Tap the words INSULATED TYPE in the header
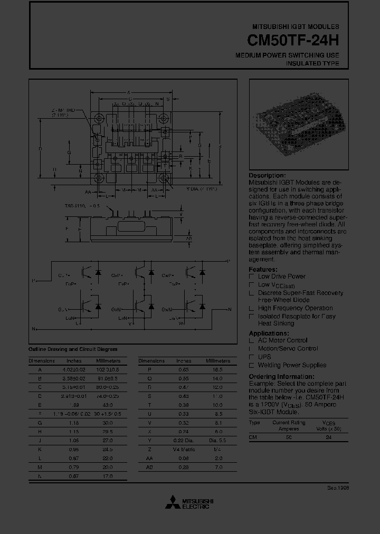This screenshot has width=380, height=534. [x=312, y=63]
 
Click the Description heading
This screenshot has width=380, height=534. [x=267, y=176]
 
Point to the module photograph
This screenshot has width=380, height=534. [x=298, y=124]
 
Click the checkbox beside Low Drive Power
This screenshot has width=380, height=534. [x=252, y=276]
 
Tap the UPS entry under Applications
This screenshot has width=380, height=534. [x=264, y=357]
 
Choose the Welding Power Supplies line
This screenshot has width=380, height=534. [x=291, y=365]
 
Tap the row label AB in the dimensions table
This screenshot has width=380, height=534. [x=149, y=468]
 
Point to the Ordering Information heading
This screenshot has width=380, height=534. [x=281, y=377]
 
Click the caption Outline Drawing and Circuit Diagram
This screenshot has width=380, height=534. [x=73, y=349]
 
